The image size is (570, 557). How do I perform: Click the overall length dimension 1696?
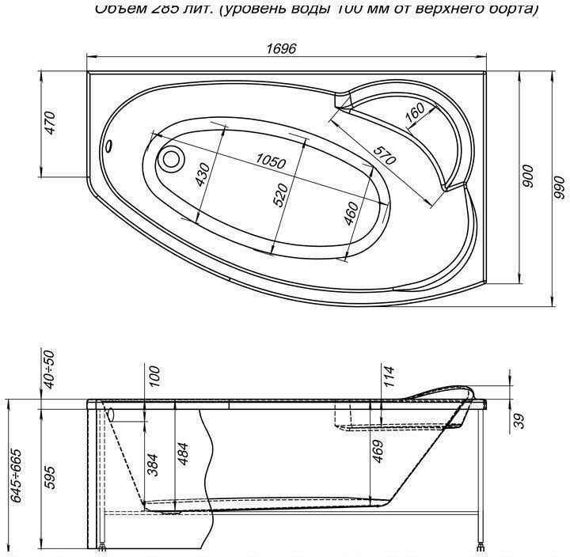(282, 48)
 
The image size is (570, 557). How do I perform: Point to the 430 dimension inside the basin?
(203, 173)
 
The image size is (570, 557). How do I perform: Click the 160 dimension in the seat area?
(414, 115)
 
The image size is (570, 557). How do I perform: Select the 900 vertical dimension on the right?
(528, 180)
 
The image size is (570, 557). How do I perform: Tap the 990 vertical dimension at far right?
(559, 188)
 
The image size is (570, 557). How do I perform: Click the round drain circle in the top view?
(170, 158)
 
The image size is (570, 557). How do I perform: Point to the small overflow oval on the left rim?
(110, 147)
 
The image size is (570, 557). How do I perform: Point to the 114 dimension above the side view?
(387, 376)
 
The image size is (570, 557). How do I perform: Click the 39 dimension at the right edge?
(519, 420)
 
